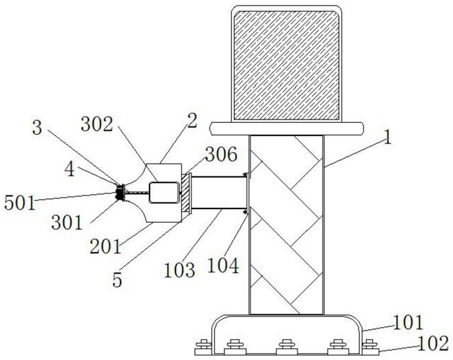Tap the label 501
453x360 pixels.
tap(18, 201)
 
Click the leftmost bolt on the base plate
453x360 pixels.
tap(200, 346)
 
